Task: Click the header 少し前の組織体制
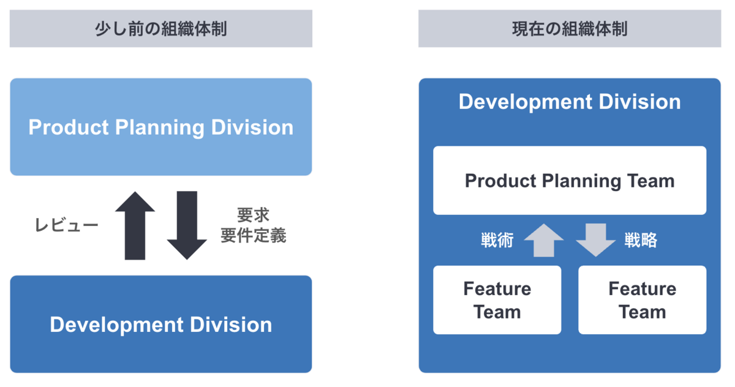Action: click(x=160, y=29)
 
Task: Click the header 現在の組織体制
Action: click(x=570, y=29)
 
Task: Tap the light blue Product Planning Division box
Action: click(x=160, y=127)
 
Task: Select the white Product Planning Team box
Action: click(x=570, y=181)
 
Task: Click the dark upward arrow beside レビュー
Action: click(x=135, y=225)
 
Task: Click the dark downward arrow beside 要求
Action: click(x=187, y=225)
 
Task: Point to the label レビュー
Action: click(x=67, y=225)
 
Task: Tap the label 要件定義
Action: click(x=254, y=236)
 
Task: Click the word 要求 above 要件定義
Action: click(x=254, y=215)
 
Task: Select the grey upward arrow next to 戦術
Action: click(x=544, y=240)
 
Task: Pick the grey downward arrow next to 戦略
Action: click(x=596, y=240)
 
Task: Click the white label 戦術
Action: click(x=497, y=240)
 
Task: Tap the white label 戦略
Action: click(x=641, y=240)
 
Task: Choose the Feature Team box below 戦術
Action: click(x=497, y=300)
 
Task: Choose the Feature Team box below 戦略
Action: click(x=642, y=300)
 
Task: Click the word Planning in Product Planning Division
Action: click(x=159, y=128)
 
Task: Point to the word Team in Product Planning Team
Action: click(x=650, y=181)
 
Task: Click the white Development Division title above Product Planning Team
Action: click(x=570, y=102)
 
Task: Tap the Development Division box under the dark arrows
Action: click(x=160, y=324)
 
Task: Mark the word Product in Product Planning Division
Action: click(x=68, y=127)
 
